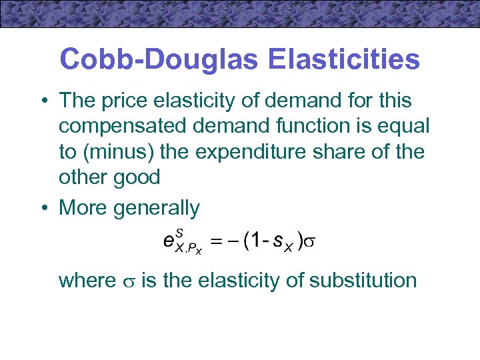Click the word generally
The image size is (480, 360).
156,208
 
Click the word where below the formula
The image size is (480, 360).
87,281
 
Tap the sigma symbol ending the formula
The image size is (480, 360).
311,242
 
